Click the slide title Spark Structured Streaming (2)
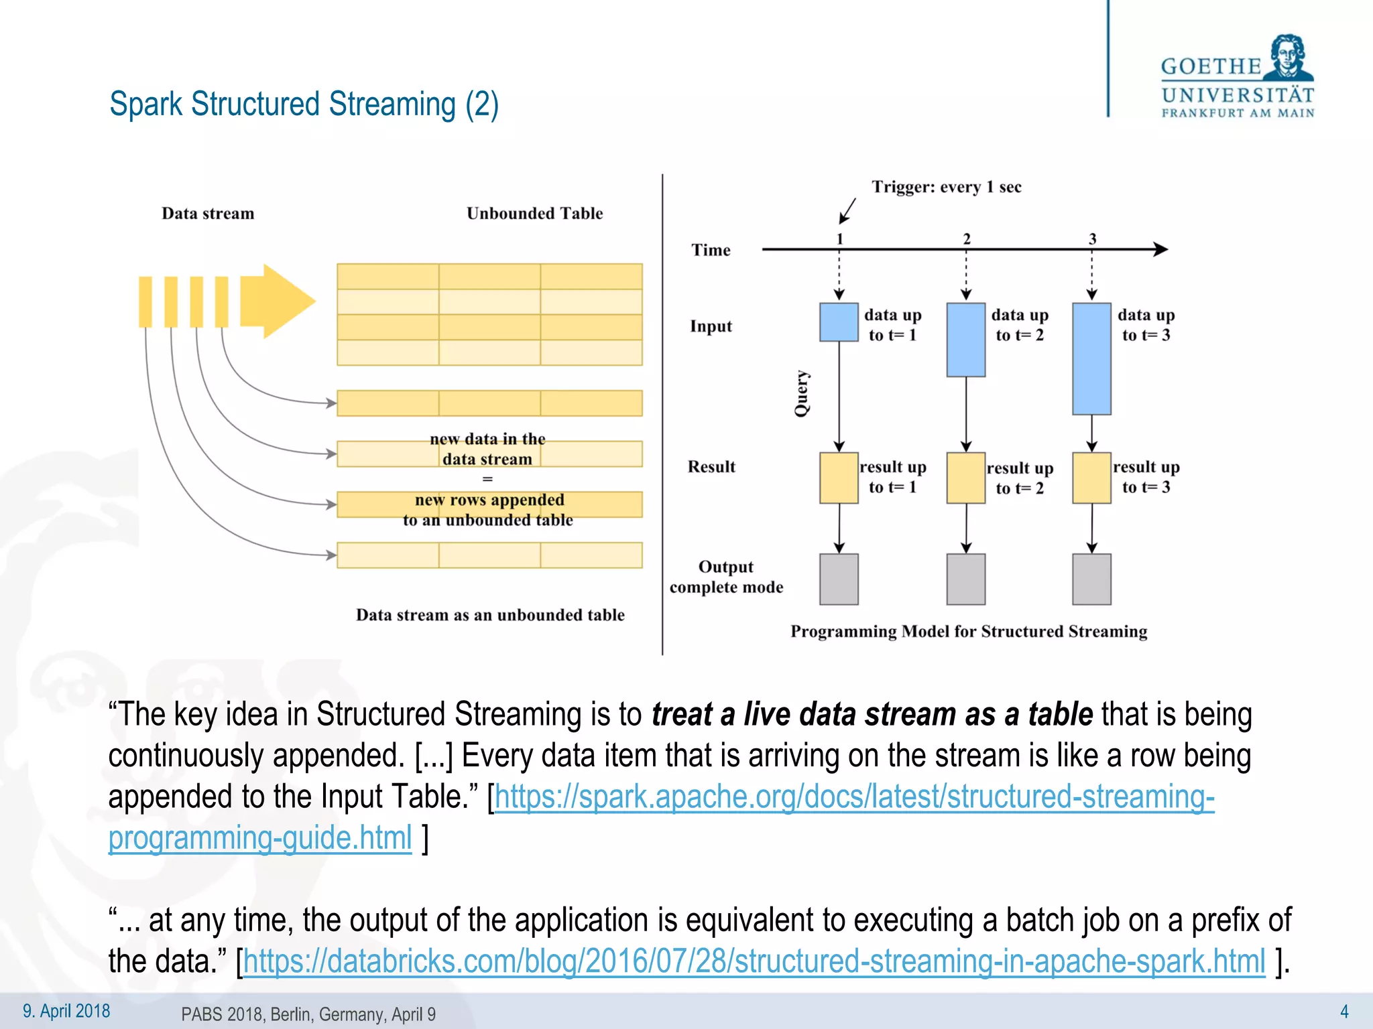pyautogui.click(x=304, y=105)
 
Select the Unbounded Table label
pyautogui.click(x=534, y=213)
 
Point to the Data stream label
pyautogui.click(x=208, y=213)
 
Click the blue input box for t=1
pyautogui.click(x=839, y=322)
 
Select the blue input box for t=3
pyautogui.click(x=1091, y=358)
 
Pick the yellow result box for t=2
pyautogui.click(x=965, y=478)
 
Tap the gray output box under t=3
pyautogui.click(x=1091, y=579)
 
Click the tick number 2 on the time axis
pyautogui.click(x=966, y=238)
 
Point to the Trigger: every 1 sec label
pyautogui.click(x=946, y=187)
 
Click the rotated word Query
pyautogui.click(x=802, y=393)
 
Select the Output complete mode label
pyautogui.click(x=726, y=577)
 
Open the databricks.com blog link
pyautogui.click(x=754, y=961)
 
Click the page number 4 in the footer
pyautogui.click(x=1344, y=1011)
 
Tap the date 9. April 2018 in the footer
pyautogui.click(x=66, y=1011)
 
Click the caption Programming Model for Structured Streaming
pyautogui.click(x=969, y=631)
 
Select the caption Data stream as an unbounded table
pyautogui.click(x=490, y=615)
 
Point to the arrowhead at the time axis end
pyautogui.click(x=1161, y=249)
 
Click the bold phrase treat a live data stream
pyautogui.click(x=804, y=714)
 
